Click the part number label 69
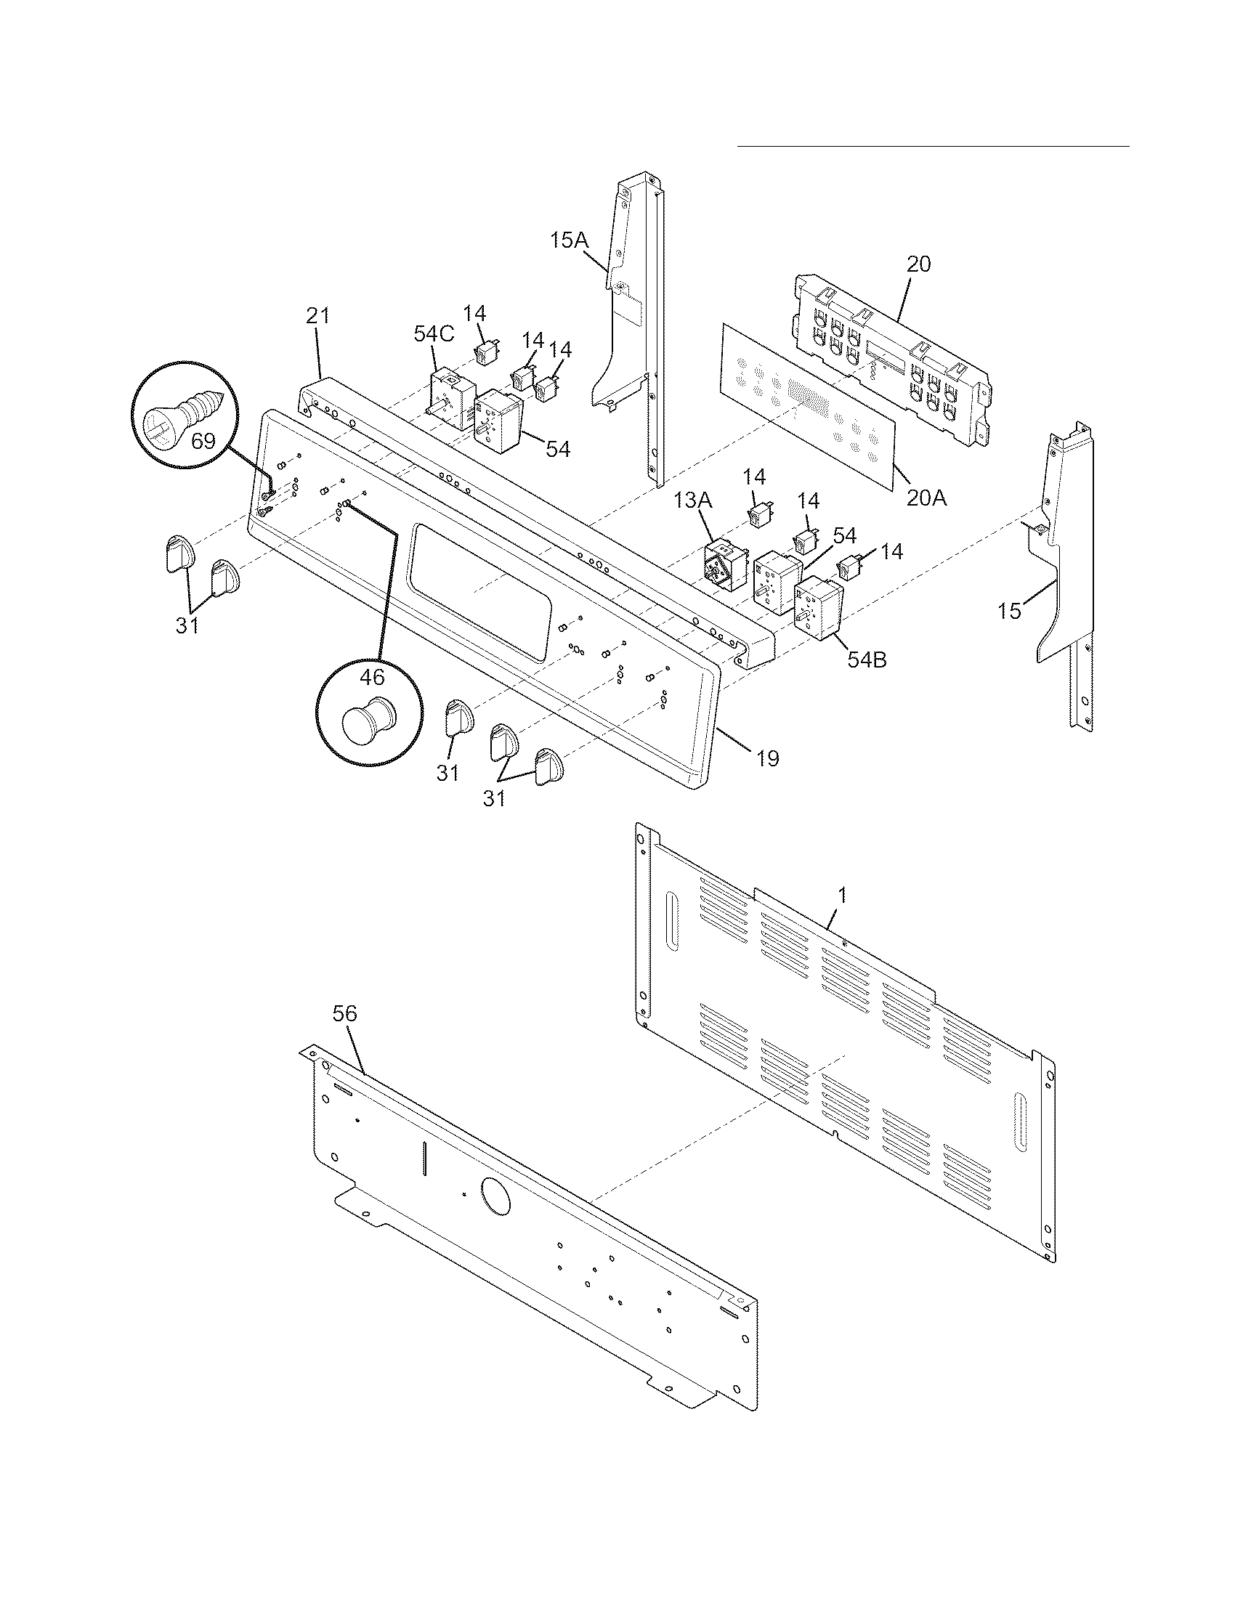(x=203, y=440)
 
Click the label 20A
(x=926, y=498)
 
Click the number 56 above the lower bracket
(x=344, y=1013)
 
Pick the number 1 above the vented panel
(x=842, y=895)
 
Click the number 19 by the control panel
(x=766, y=758)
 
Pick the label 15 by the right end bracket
(x=1010, y=611)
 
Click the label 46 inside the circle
(x=372, y=677)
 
